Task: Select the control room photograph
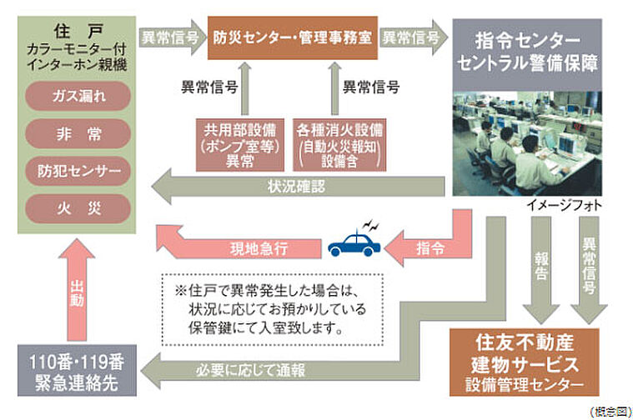pos(527,143)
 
